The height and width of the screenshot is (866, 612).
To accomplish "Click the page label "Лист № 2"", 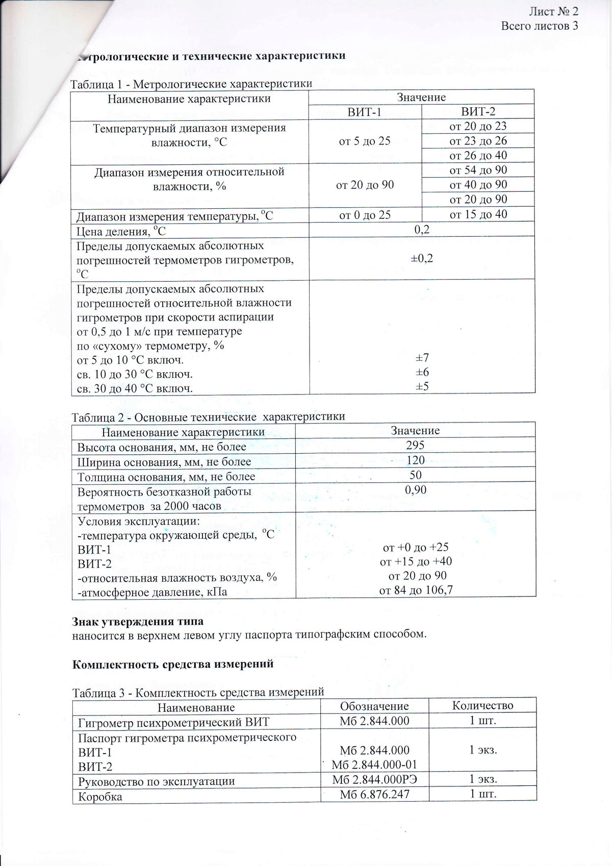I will (553, 11).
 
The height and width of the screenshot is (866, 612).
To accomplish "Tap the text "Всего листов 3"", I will (540, 26).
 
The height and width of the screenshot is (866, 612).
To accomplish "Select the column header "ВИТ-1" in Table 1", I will (364, 112).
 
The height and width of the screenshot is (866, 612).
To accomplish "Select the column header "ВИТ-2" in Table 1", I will (478, 112).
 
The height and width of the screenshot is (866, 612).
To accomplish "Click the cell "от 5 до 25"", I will (365, 141).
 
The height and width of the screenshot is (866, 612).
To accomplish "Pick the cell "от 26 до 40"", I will (478, 155).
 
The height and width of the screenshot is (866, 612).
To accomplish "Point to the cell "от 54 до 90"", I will (478, 170).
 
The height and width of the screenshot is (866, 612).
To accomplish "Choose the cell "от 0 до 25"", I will (365, 215).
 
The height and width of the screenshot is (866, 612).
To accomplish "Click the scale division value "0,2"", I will (422, 230).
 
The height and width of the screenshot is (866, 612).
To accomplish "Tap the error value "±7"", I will (422, 358).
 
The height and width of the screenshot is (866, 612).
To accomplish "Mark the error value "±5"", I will (422, 386).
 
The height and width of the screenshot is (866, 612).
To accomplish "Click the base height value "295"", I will (415, 445).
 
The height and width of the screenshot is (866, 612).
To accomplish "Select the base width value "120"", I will (415, 460).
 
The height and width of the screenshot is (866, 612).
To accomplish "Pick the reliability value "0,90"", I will (415, 490).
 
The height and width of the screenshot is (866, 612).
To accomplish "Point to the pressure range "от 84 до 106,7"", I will (416, 590).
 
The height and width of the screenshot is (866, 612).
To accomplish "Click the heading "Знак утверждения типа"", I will (138, 622).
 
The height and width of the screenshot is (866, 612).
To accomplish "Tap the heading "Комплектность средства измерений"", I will (173, 664).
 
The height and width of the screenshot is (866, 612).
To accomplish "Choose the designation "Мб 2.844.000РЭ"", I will (374, 779).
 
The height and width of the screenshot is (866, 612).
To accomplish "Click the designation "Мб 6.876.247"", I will (374, 794).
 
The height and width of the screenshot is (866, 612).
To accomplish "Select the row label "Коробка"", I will (100, 796).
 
